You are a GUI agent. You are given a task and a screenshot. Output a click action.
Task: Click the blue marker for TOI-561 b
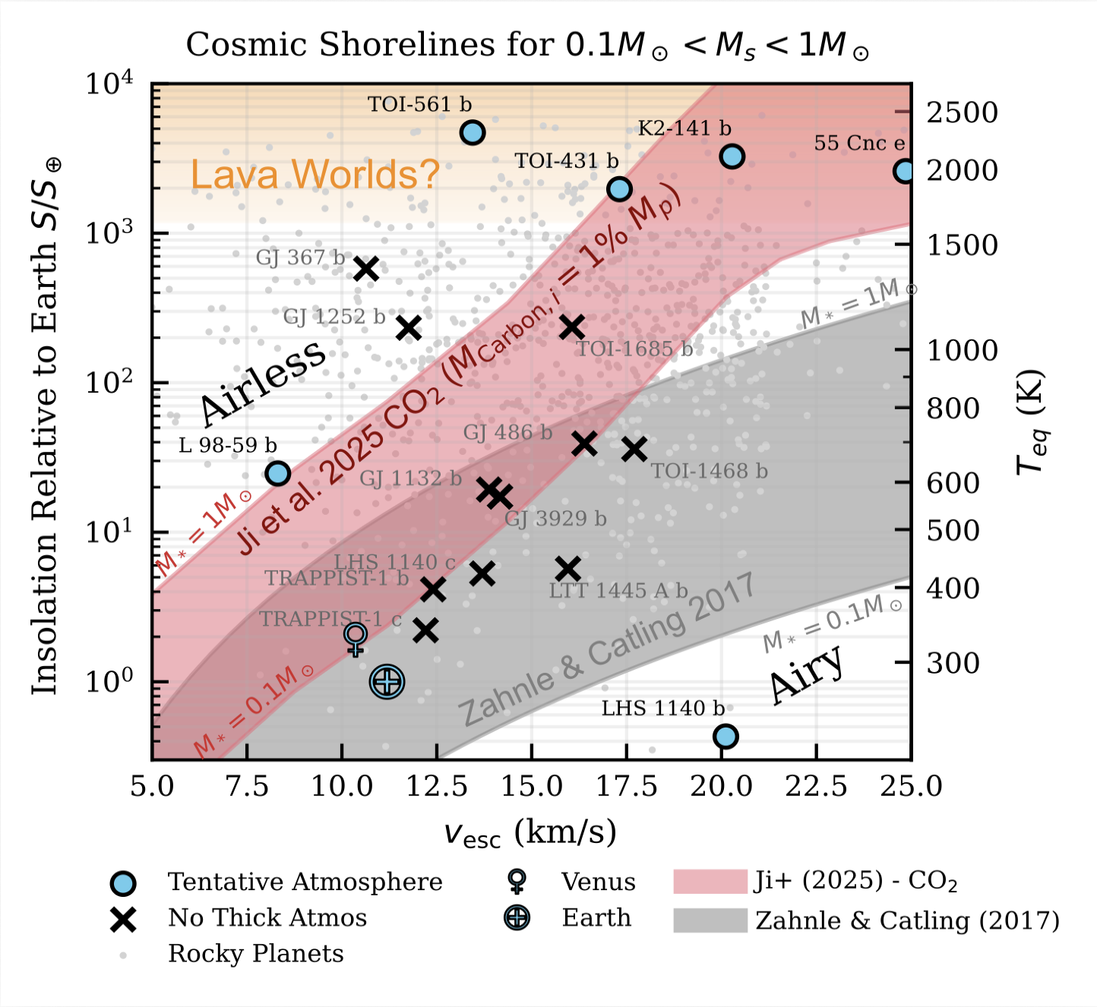coord(473,132)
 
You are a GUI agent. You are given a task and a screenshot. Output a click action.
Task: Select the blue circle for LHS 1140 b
coord(726,736)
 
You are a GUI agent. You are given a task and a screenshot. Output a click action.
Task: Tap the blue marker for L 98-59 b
coord(278,473)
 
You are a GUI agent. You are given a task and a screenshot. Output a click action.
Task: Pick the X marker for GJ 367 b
coord(366,268)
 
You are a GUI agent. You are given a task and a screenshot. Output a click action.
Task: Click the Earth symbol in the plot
coord(387,681)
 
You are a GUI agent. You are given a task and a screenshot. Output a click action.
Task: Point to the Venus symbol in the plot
coord(356,637)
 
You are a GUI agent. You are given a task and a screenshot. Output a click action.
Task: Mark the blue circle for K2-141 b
coord(732,156)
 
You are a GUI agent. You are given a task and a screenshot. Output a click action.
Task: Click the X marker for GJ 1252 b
coord(409,328)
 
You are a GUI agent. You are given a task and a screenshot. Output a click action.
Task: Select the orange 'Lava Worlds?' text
coord(315,175)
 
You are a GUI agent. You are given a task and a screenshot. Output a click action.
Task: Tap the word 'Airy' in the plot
coord(806,674)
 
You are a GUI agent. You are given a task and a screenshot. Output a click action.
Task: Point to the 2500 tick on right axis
coord(962,112)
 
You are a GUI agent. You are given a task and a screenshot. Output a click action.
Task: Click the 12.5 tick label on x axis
coord(437,786)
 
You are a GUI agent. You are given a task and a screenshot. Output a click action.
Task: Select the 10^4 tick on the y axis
coord(109,83)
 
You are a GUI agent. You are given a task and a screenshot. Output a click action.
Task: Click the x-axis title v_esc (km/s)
coord(530,833)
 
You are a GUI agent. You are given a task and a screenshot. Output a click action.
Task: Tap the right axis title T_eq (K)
coord(1031,421)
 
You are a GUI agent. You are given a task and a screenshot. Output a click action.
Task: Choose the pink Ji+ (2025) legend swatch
coord(710,882)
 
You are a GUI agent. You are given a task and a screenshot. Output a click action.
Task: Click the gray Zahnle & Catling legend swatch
coord(710,920)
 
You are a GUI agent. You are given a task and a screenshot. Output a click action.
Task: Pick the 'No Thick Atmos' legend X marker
coord(123,920)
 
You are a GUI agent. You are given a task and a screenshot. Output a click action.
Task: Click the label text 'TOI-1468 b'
coord(709,472)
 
